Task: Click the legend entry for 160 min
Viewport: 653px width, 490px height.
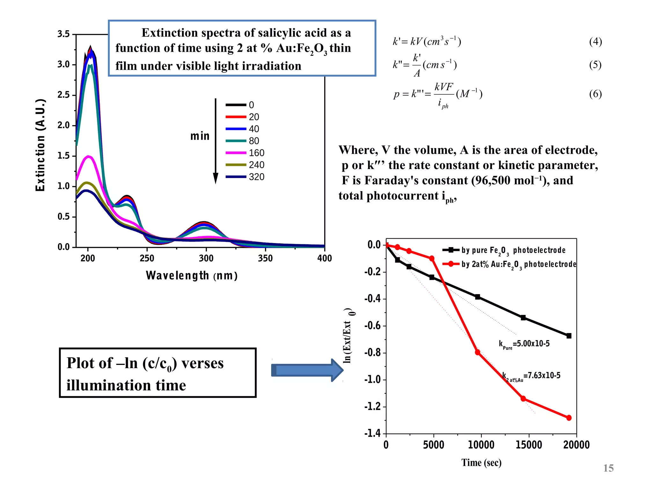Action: (245, 153)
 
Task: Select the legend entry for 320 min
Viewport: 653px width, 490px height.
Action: (245, 177)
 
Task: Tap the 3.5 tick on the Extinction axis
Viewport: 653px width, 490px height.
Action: (63, 34)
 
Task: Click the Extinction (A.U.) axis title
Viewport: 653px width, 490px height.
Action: (40, 145)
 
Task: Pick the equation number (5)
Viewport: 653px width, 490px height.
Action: (595, 65)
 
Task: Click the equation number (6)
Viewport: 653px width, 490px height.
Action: (595, 94)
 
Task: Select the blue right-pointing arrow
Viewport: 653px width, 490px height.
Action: (307, 370)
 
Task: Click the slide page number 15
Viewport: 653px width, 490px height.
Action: (608, 468)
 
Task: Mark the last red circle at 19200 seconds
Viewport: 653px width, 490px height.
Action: (569, 418)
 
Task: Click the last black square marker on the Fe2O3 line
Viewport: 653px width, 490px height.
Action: (569, 336)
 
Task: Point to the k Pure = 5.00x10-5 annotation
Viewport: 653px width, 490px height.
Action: (524, 344)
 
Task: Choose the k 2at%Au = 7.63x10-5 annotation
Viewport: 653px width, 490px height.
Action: (531, 376)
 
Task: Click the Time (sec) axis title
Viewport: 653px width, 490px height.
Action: (481, 463)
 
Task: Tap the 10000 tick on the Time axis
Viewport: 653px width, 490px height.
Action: (481, 445)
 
